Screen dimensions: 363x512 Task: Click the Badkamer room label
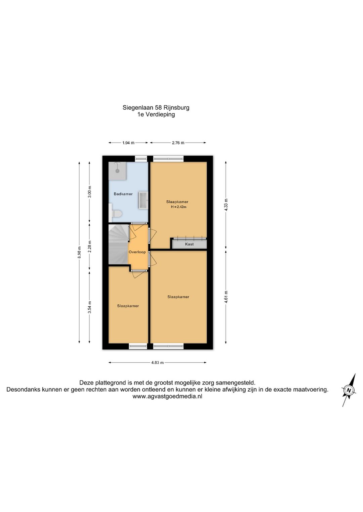pos(123,194)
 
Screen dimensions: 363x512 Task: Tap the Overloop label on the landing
pos(137,252)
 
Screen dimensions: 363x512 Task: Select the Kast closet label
pos(190,244)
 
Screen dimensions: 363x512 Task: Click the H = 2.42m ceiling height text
pos(178,207)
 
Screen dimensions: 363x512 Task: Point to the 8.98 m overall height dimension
pos(79,252)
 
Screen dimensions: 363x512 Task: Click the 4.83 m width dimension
pos(157,362)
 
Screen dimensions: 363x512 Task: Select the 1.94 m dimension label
pos(128,143)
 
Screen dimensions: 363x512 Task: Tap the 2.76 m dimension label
pos(178,143)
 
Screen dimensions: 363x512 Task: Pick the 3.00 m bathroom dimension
pos(89,192)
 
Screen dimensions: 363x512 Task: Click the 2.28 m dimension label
pos(89,247)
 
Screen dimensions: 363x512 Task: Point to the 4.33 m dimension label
pos(226,205)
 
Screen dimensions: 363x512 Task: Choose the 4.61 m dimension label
pos(226,297)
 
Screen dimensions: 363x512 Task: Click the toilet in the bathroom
pos(116,214)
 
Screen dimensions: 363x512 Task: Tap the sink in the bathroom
pos(143,200)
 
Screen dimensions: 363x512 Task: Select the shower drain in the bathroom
pos(118,170)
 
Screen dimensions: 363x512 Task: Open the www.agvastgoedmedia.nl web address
pos(167,396)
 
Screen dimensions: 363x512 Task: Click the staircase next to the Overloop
pos(118,245)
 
